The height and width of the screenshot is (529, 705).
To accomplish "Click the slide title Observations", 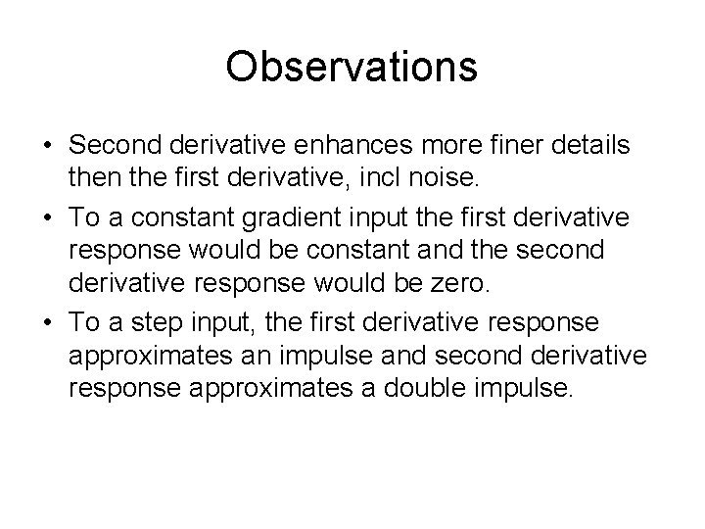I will pyautogui.click(x=352, y=67).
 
